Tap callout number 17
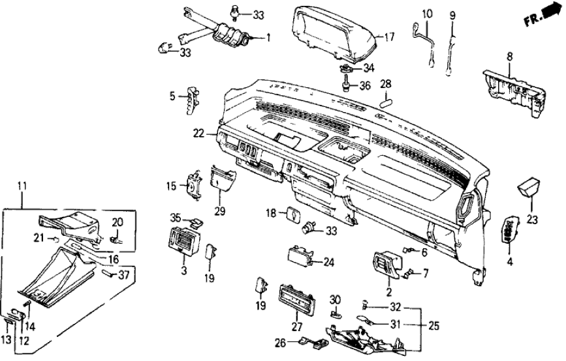389,38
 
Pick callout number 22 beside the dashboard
198,133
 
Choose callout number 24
328,263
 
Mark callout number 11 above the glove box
22,186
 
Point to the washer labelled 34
346,68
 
